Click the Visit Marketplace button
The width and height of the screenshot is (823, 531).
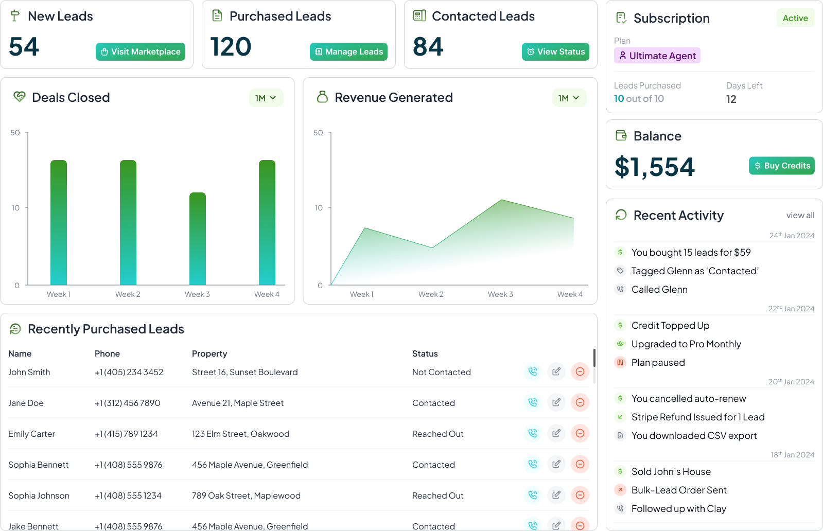click(x=141, y=51)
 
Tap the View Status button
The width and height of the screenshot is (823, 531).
click(x=555, y=51)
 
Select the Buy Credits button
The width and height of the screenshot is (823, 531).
click(x=781, y=166)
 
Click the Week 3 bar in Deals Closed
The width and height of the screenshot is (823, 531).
click(x=198, y=239)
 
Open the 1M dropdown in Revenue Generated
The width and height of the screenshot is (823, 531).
click(x=569, y=98)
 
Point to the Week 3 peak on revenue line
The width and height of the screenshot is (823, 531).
click(x=501, y=200)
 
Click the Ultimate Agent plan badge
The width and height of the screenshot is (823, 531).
click(x=657, y=56)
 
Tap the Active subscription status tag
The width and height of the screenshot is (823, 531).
click(x=795, y=18)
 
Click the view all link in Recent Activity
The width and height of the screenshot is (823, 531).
click(x=800, y=215)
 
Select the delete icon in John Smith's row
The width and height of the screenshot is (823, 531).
click(x=580, y=371)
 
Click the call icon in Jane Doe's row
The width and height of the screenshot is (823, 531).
click(x=533, y=402)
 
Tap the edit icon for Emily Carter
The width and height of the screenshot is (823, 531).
click(x=556, y=433)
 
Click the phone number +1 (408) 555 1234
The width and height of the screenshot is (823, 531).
click(x=128, y=495)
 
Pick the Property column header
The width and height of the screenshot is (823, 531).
click(x=209, y=353)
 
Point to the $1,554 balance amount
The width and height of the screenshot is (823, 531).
click(x=655, y=167)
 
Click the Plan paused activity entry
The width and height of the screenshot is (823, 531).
click(x=658, y=363)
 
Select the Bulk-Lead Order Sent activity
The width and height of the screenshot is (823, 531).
click(x=679, y=490)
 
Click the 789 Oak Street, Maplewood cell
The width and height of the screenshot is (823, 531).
click(x=246, y=495)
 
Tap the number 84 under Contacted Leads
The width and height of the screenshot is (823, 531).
click(x=428, y=47)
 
